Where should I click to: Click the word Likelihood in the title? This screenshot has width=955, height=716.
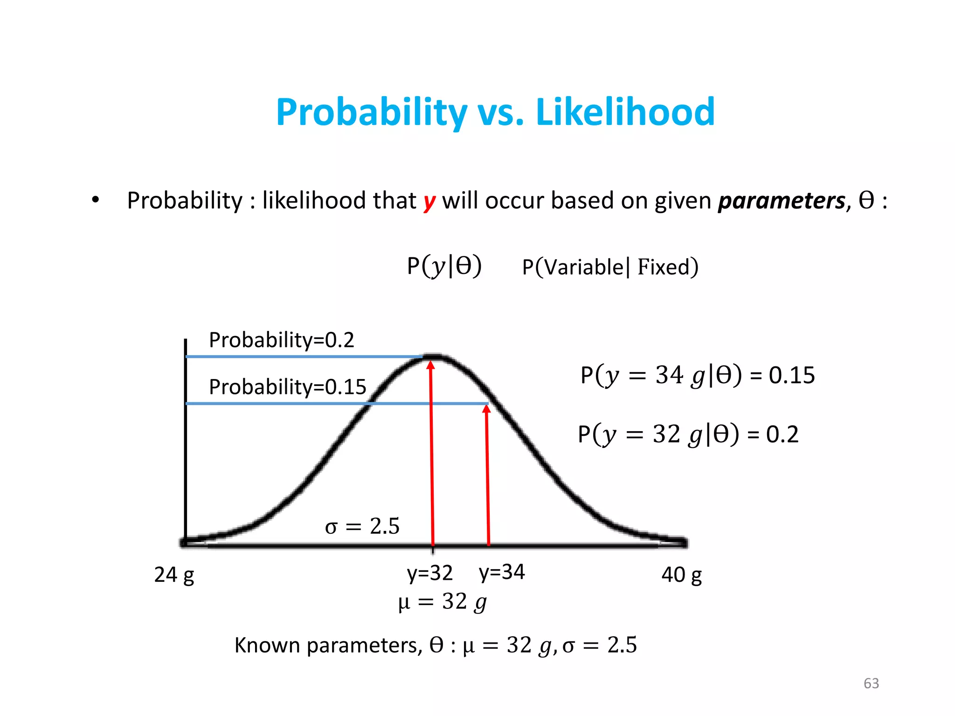coord(625,112)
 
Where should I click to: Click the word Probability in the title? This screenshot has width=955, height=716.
coord(371,112)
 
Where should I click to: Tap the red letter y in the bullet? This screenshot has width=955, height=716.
coord(429,201)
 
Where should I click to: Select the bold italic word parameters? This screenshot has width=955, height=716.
coord(782,201)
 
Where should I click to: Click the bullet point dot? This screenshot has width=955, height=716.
coord(96,200)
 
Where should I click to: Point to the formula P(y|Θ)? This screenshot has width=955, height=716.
coord(444,267)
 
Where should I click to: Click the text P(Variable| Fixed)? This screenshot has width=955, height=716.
coord(610,267)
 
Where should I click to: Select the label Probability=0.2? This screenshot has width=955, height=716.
coord(281,340)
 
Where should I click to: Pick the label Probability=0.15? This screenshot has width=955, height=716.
coord(287,387)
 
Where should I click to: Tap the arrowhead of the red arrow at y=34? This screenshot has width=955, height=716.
coord(486,409)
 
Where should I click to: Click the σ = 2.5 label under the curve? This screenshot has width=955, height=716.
coord(362,526)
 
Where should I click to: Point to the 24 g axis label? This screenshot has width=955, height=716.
coord(174,575)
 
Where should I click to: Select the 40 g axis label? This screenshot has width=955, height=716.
coord(681,575)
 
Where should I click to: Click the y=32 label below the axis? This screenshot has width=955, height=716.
coord(429,573)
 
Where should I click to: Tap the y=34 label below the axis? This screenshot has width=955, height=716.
coord(502,572)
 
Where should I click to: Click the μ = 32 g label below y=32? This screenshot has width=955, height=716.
coord(442,602)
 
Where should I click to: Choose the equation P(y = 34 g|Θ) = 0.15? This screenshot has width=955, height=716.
coord(697,375)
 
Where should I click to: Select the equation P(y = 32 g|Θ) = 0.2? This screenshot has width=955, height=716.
coord(688,434)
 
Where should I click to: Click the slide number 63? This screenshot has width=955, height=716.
coord(871,683)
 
